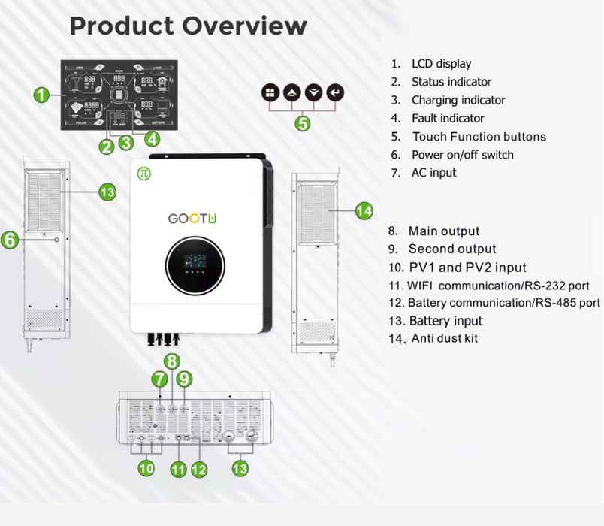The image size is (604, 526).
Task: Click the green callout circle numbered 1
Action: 42,95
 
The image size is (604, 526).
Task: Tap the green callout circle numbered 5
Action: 302,122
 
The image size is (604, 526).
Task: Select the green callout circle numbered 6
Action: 10,240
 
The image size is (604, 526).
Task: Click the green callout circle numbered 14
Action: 364,211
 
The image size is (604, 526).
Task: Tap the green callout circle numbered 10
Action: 146,467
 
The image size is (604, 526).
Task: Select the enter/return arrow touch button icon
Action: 337,93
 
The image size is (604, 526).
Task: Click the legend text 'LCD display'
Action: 441,64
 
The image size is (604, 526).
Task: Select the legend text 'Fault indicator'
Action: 448,118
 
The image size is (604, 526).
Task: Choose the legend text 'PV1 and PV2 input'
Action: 467,268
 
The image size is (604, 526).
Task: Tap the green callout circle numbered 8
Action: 172,361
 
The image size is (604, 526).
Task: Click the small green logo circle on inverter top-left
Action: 142,174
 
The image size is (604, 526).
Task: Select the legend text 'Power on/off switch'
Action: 462,155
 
